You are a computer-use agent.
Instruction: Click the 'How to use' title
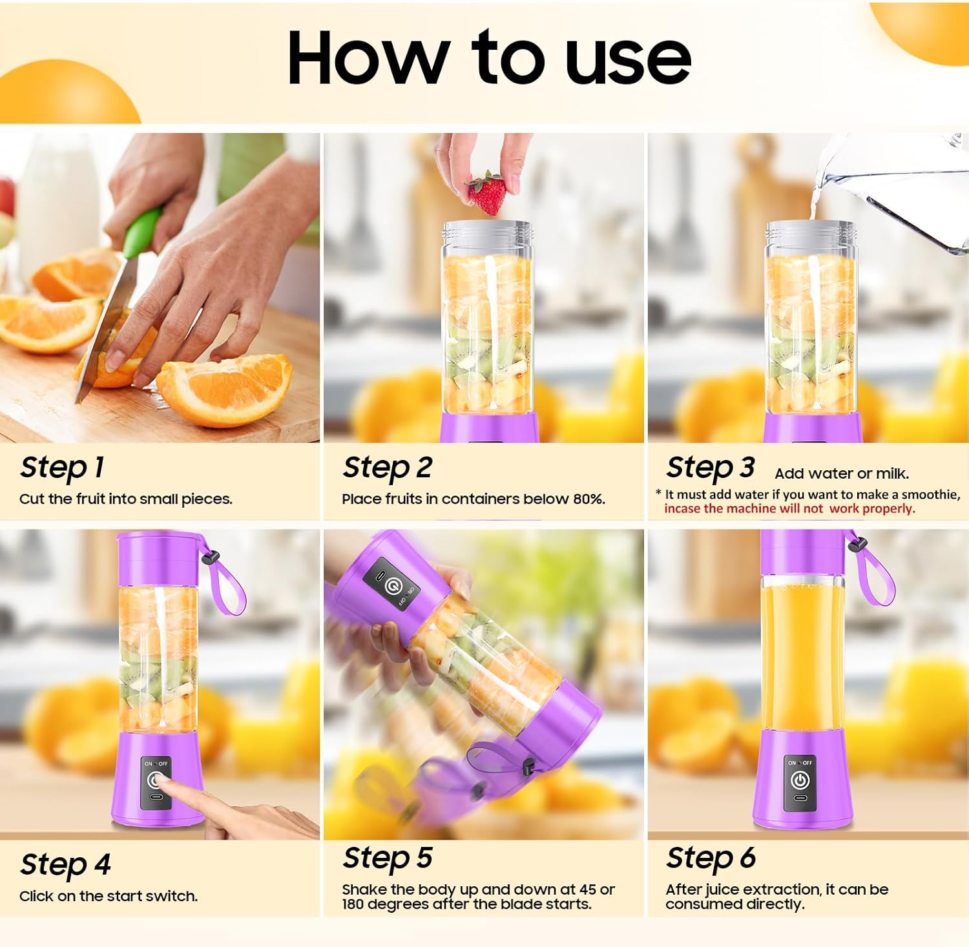click(489, 58)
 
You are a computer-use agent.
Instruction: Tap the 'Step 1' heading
click(62, 468)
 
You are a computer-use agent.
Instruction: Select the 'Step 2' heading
click(387, 468)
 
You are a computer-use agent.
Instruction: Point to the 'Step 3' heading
click(710, 468)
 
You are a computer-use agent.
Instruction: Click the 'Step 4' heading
click(65, 864)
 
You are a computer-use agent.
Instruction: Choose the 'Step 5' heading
click(387, 859)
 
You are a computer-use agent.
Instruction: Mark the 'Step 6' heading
click(711, 859)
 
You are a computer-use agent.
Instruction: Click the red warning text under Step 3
click(789, 508)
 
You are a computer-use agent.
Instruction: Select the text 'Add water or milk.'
click(842, 473)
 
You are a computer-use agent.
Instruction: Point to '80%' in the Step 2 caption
click(589, 499)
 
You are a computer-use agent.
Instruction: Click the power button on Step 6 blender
click(800, 780)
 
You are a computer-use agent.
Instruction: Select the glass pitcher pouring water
click(904, 194)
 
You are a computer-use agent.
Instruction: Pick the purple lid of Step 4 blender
click(158, 557)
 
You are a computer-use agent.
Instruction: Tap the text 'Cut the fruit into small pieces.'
click(125, 499)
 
